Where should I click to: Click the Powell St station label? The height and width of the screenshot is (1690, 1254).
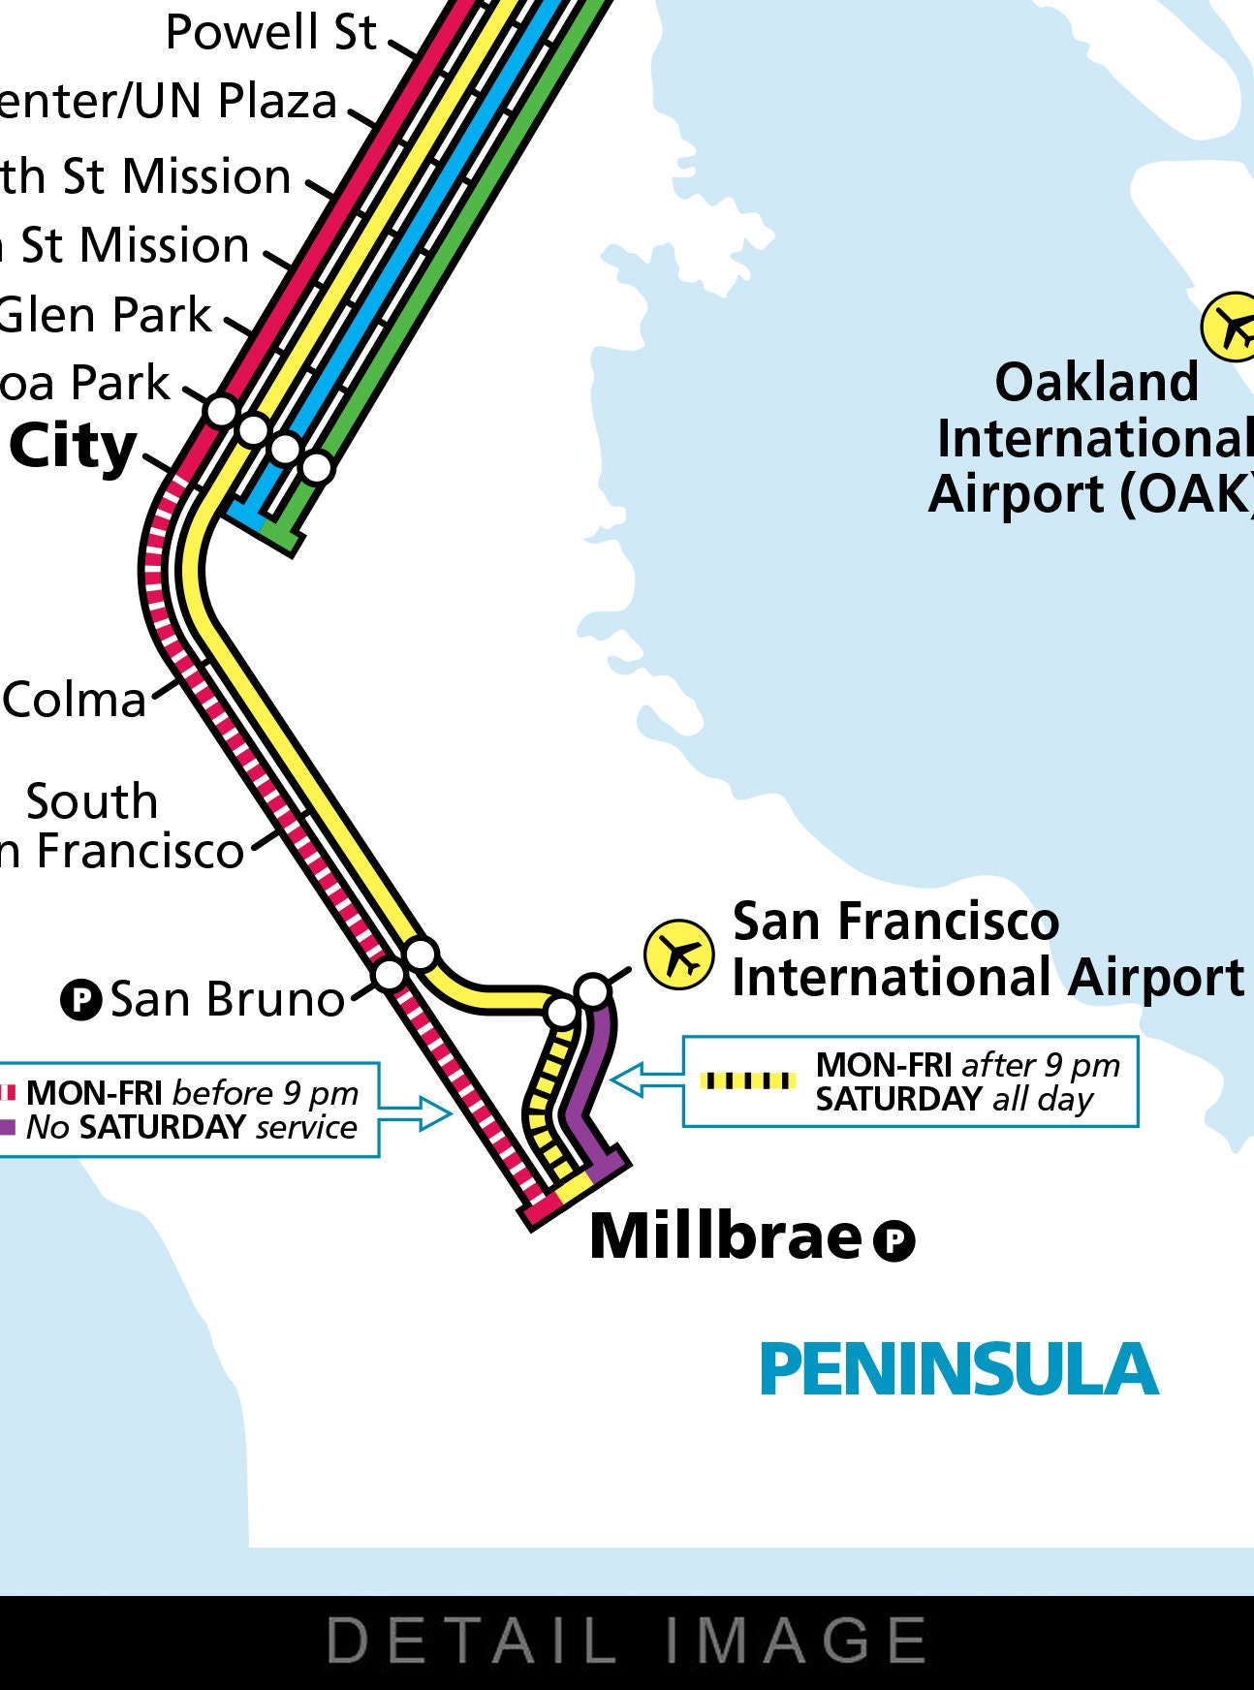[x=270, y=33]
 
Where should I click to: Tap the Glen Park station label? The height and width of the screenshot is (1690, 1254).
[x=105, y=315]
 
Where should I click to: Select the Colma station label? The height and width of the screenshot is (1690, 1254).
[x=74, y=700]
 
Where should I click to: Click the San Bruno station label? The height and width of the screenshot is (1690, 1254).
[x=227, y=999]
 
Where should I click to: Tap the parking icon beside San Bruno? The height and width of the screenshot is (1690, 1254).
[x=81, y=999]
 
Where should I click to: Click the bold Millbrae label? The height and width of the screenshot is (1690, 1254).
[x=725, y=1237]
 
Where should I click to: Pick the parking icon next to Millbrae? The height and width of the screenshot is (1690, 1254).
[x=893, y=1240]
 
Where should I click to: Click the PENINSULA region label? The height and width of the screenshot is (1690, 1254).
[x=958, y=1369]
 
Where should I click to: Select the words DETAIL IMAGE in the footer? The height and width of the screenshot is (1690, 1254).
[x=627, y=1641]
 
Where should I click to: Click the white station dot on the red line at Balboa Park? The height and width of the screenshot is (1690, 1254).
[x=222, y=410]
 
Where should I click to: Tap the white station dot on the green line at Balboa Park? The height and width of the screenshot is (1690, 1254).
[x=317, y=467]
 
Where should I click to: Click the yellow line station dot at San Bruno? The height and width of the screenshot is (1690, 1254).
[x=421, y=954]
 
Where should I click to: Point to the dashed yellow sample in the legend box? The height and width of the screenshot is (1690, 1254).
[x=747, y=1080]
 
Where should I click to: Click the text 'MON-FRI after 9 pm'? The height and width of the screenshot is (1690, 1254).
[x=967, y=1065]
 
